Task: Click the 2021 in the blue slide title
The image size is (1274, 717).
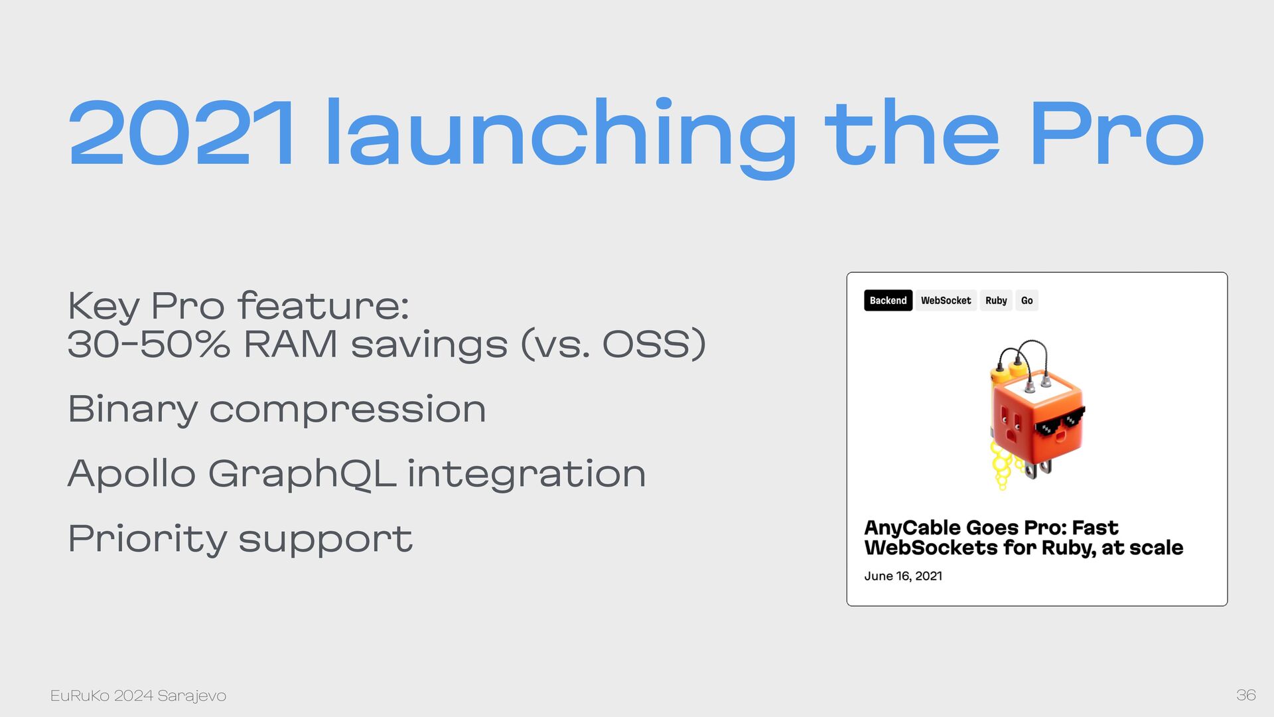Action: [181, 133]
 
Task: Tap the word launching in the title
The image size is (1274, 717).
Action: [561, 137]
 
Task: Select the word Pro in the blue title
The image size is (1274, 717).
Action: [1117, 133]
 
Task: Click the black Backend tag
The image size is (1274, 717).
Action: [888, 301]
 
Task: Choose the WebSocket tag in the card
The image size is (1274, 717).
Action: [946, 301]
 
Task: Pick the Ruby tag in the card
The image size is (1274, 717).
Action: [996, 301]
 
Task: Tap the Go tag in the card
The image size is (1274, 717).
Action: [1026, 301]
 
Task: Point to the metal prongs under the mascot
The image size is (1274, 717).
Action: [1036, 467]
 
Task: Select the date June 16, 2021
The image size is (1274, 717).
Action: [903, 576]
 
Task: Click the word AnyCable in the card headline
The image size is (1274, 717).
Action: [912, 528]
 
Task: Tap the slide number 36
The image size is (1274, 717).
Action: [1245, 695]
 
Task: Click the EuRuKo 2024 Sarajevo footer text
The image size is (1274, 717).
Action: [138, 696]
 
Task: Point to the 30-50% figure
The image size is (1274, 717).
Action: [149, 345]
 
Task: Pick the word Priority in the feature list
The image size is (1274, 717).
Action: [147, 539]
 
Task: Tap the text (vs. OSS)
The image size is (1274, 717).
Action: [613, 345]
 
